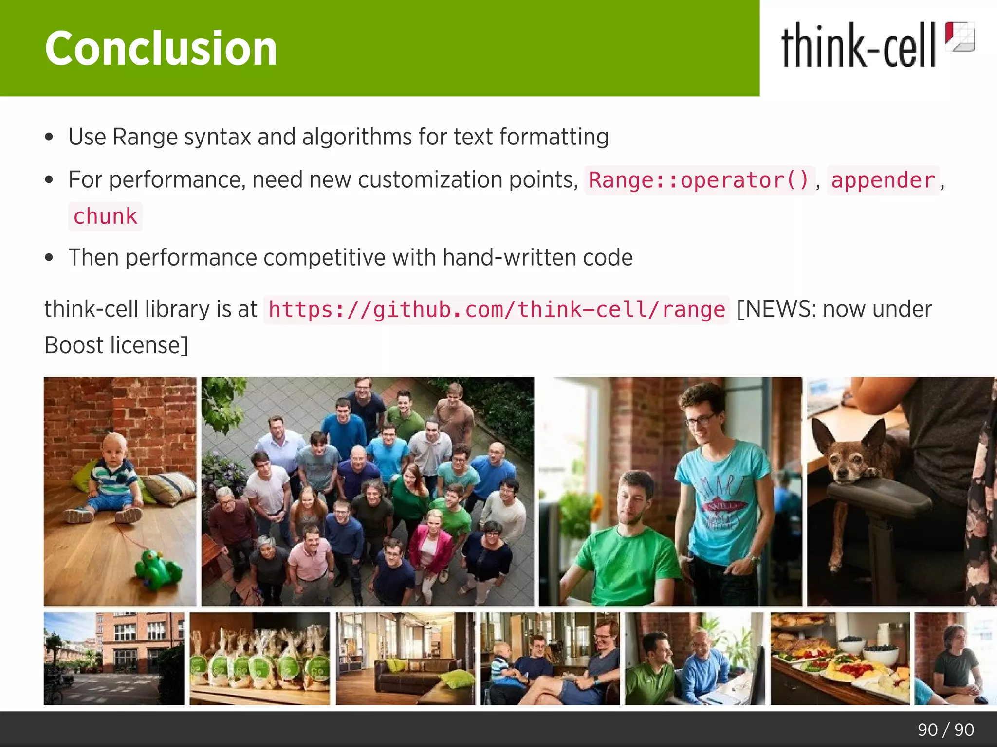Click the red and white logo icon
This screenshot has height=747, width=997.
(x=960, y=36)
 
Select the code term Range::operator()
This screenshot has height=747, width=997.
(x=699, y=180)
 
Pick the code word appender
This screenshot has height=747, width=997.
(x=883, y=180)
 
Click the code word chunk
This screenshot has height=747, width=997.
(x=105, y=216)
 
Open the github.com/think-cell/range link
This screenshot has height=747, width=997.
(x=497, y=310)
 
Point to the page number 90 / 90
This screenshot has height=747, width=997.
(x=945, y=729)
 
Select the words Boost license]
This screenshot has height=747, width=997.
(x=116, y=345)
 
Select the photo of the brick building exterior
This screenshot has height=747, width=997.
(x=114, y=658)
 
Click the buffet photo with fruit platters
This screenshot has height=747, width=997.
(x=840, y=658)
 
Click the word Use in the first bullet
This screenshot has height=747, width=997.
(x=87, y=137)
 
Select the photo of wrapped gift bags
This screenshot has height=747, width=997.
(x=259, y=658)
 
